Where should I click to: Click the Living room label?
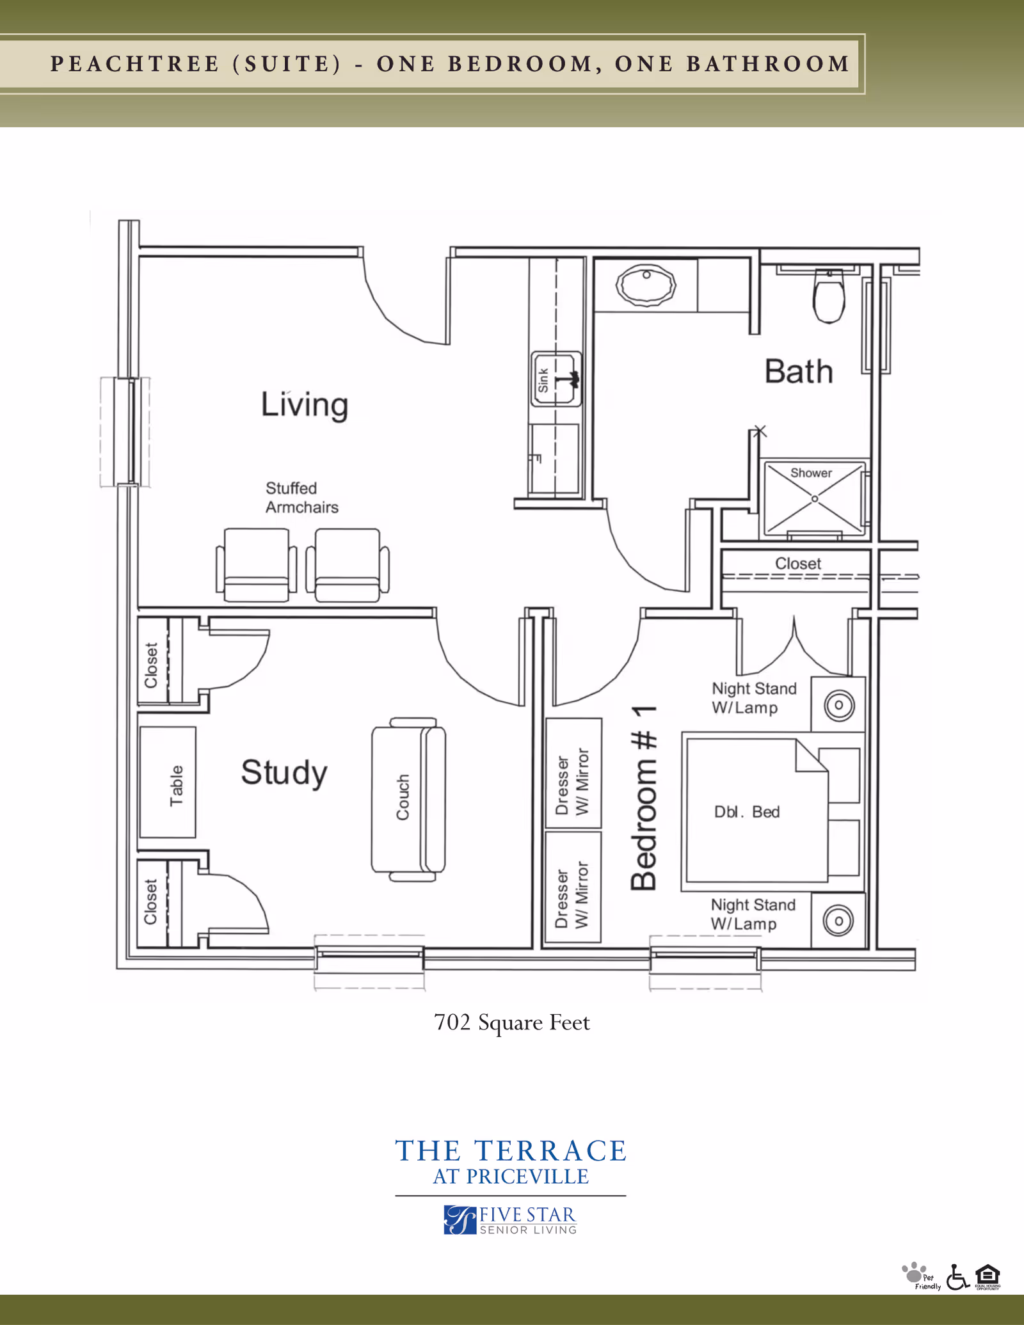(305, 405)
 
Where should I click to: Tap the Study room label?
(284, 772)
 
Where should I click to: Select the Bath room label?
(799, 372)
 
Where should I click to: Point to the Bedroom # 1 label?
(644, 798)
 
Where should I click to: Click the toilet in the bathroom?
(829, 296)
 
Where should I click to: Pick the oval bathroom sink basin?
(646, 285)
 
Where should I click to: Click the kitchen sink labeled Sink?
(556, 379)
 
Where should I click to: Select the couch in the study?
(408, 798)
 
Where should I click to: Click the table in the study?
(168, 782)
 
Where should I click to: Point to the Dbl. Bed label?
(747, 812)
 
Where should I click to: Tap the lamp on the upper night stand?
(839, 705)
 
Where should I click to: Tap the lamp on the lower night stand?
(838, 921)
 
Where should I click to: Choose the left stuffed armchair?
(256, 564)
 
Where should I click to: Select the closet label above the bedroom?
(797, 564)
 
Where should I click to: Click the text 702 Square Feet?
(512, 1022)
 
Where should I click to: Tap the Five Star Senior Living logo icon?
(460, 1219)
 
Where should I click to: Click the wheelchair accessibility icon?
(957, 1277)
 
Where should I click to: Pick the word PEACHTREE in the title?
(135, 64)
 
